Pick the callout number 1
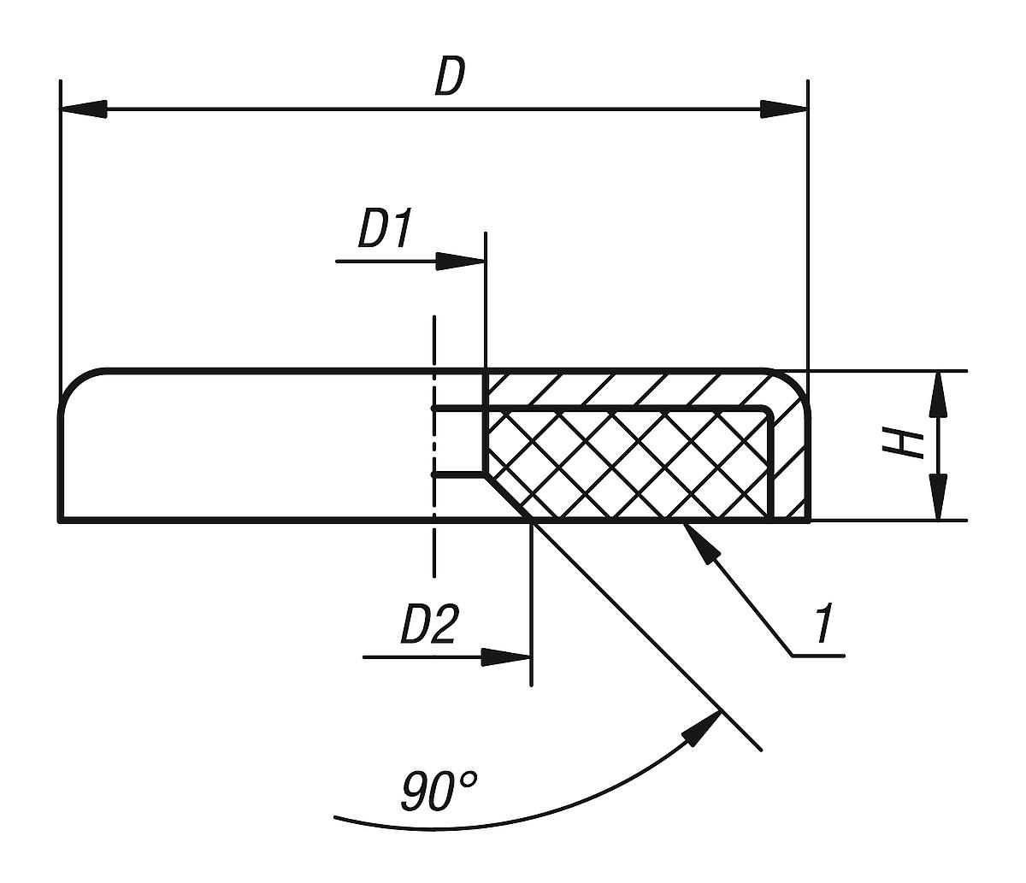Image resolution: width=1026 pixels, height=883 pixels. click(x=823, y=625)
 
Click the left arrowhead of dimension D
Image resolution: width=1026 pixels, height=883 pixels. click(x=84, y=109)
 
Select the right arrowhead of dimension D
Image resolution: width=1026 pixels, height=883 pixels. click(x=784, y=109)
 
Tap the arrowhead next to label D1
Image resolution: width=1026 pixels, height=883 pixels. click(x=461, y=261)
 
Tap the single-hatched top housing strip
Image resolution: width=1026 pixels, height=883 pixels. click(x=633, y=389)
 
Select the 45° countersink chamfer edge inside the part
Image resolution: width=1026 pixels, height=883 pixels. click(x=509, y=497)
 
